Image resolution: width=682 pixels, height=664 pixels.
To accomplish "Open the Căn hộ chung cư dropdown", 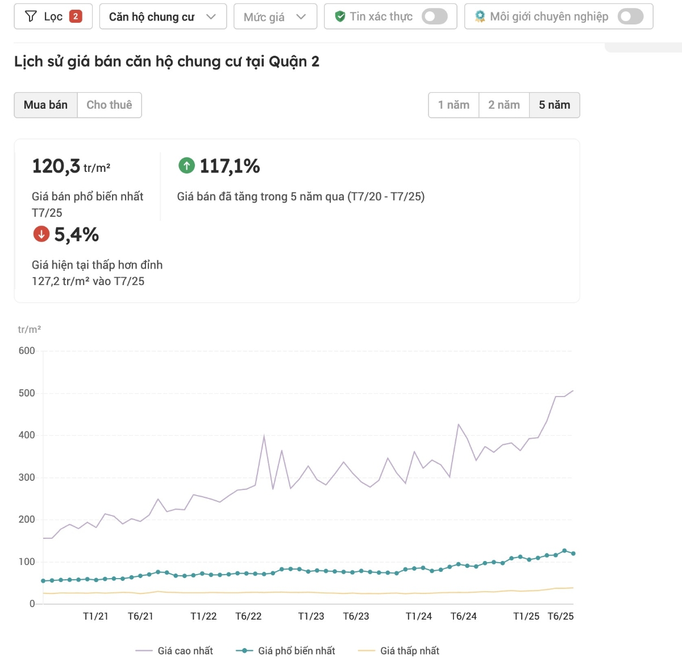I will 163,17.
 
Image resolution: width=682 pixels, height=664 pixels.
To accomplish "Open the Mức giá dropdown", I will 275,17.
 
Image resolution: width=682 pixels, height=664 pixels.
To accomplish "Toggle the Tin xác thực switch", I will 435,17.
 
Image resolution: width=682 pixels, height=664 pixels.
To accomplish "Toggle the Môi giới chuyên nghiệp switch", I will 630,17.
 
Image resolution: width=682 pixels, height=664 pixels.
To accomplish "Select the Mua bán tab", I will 45,105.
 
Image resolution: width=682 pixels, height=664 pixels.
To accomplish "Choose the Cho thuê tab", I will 109,105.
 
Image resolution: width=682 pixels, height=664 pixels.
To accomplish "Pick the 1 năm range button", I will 454,105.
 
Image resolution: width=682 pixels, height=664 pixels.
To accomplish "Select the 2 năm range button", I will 504,105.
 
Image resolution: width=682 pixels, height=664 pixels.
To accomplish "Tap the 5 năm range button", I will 554,105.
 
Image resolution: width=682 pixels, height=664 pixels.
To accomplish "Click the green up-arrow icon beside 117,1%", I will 186,166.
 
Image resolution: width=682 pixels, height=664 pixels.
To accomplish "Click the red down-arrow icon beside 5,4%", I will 41,234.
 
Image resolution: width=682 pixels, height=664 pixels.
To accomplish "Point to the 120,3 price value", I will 56,166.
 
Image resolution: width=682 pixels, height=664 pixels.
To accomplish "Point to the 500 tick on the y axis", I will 27,393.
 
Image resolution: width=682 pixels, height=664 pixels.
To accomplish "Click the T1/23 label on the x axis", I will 311,616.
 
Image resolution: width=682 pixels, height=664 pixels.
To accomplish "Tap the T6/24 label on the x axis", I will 463,616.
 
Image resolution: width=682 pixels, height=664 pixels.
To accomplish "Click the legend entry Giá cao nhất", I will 174,651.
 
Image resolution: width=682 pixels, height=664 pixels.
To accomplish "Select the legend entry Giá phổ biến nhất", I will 286,651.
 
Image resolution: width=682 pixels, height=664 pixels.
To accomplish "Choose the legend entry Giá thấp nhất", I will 399,651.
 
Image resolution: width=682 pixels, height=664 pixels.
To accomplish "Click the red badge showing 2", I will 76,17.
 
